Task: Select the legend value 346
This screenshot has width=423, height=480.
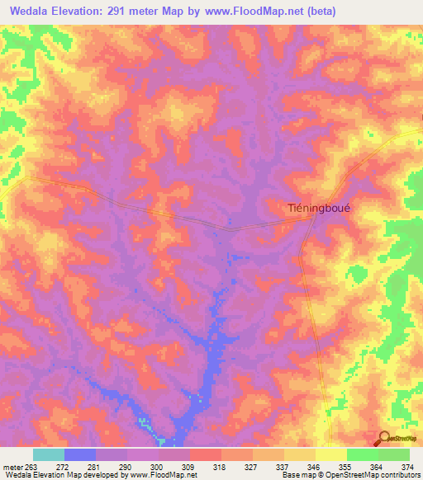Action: coord(316,466)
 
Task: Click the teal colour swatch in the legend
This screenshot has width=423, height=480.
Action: coord(49,454)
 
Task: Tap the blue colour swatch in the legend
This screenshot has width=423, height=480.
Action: coord(80,454)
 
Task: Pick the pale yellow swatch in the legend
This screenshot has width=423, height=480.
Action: coord(330,454)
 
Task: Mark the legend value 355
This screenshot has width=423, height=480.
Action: coord(347,466)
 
